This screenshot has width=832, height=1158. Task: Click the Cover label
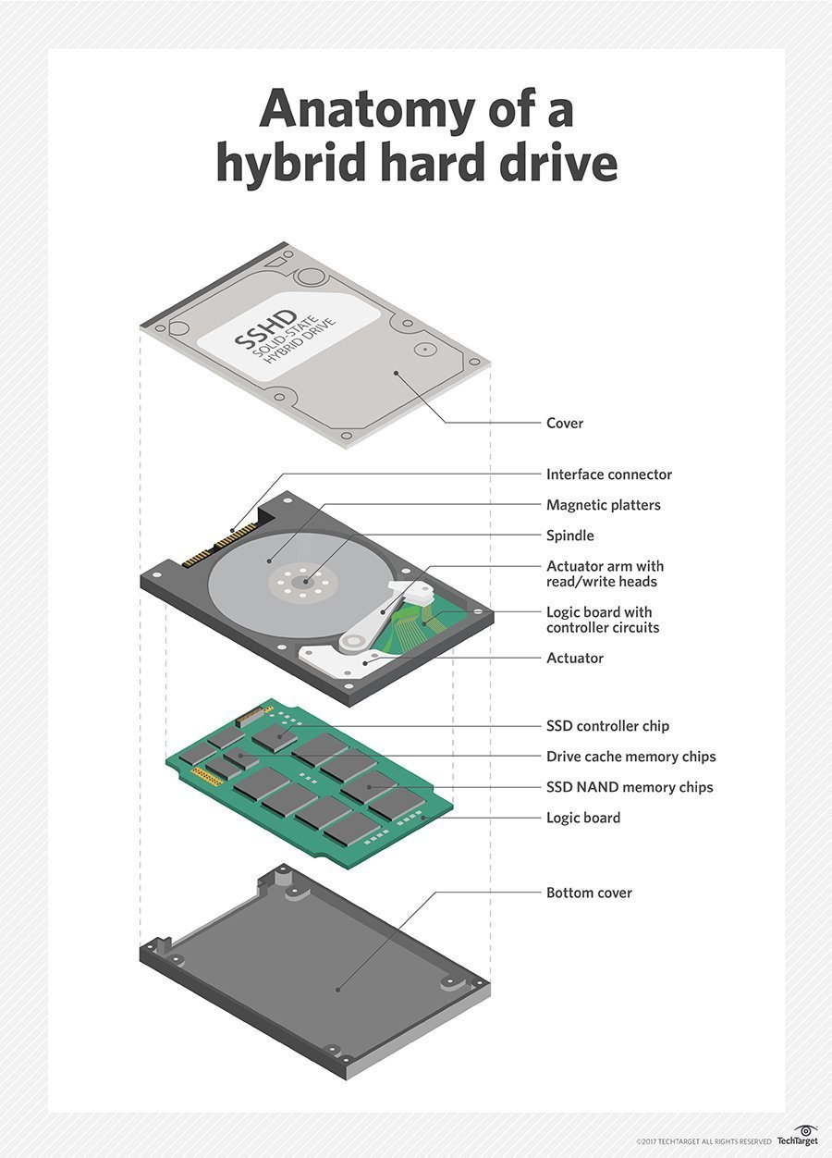[565, 424]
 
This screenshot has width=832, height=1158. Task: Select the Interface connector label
[609, 474]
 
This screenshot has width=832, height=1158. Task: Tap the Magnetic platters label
[604, 505]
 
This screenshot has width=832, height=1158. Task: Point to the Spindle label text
[570, 536]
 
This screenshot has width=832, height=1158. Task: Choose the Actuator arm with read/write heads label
[605, 573]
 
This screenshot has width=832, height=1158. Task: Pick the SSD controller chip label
[607, 726]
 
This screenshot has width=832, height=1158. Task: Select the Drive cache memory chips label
[631, 757]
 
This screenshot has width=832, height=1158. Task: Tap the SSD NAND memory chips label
[630, 787]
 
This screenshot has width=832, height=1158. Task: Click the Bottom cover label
[590, 893]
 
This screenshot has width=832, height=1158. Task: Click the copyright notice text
[703, 1140]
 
